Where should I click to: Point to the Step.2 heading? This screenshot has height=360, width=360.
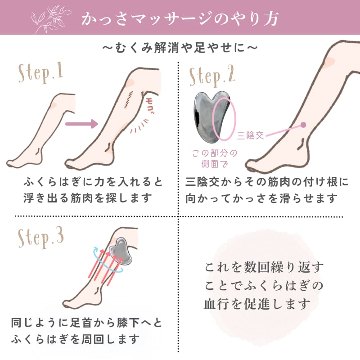212,76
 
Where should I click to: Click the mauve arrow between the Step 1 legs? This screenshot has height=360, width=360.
81,124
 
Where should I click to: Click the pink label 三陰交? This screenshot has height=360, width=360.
250,135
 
